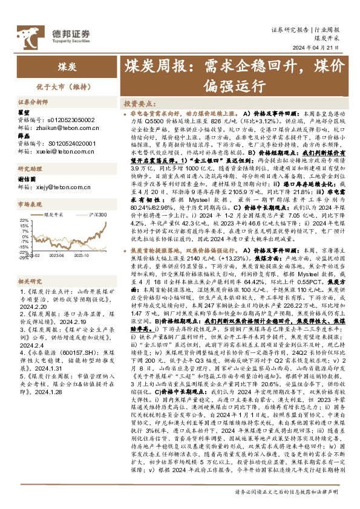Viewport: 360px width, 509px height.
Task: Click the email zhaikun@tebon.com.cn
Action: (x=55, y=129)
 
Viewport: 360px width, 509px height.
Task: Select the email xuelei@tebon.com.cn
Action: (x=55, y=151)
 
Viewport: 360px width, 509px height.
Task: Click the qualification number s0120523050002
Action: (x=68, y=120)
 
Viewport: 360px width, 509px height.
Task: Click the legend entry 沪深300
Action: (x=97, y=215)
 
